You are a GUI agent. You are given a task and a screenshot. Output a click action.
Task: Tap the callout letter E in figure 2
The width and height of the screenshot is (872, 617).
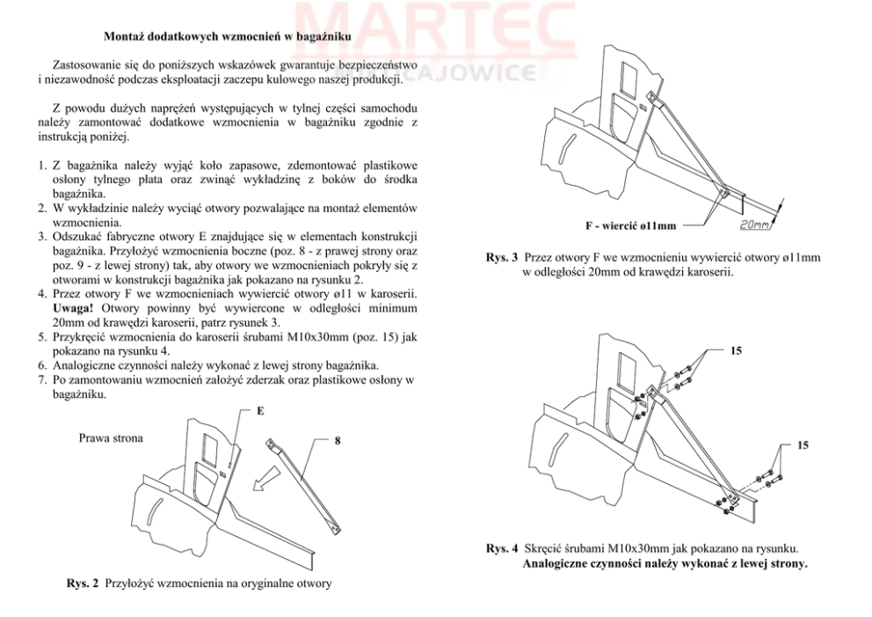261,411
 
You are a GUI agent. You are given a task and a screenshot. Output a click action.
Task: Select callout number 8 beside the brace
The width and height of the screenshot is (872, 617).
338,440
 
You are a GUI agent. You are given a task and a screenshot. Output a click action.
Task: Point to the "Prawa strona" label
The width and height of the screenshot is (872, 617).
112,437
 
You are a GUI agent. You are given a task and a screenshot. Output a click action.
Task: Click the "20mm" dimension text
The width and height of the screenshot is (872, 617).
754,225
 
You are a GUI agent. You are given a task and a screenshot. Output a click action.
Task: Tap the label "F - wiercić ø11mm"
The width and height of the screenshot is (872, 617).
630,226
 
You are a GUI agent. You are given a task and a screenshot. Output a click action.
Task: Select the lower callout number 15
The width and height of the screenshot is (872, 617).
803,445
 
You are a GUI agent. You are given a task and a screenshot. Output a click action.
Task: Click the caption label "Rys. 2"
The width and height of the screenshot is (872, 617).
83,584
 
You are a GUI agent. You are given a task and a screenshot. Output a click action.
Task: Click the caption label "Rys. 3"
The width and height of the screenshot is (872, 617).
502,258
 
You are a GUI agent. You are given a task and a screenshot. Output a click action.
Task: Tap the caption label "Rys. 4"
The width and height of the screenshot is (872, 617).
502,548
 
